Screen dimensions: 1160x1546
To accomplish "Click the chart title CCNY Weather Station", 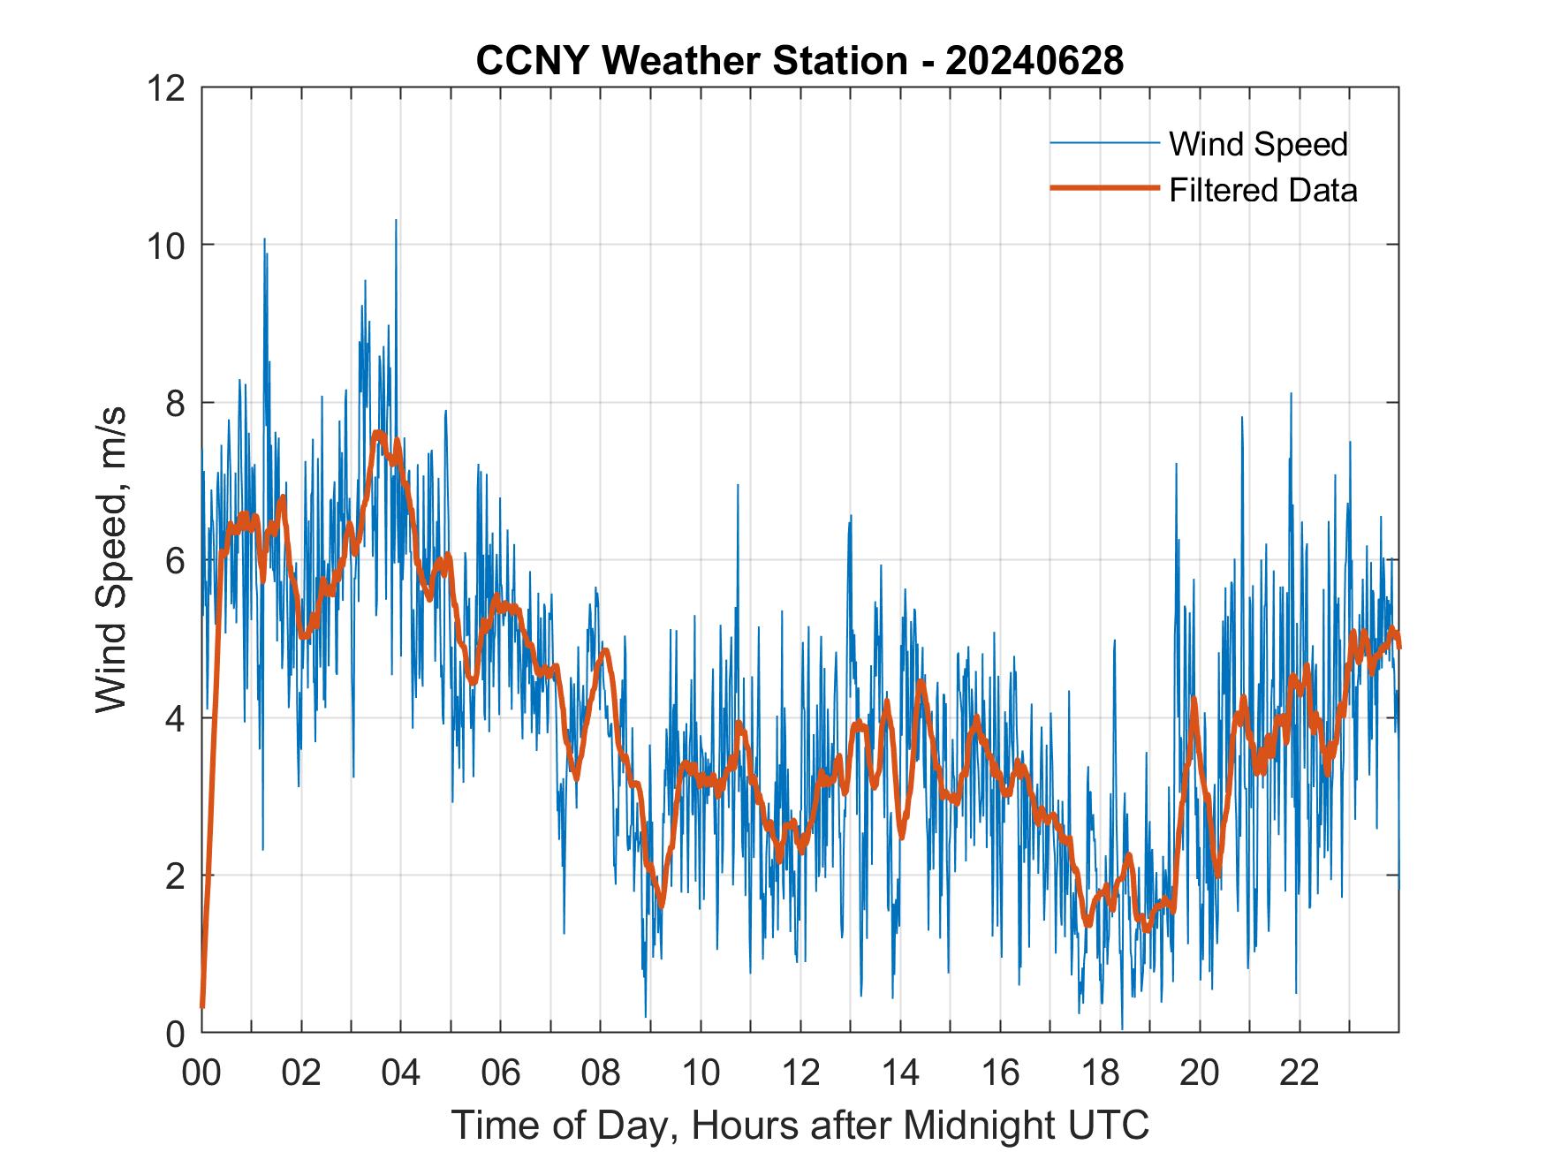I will click(x=691, y=61).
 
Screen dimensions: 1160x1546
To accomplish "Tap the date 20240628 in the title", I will click(x=1034, y=61).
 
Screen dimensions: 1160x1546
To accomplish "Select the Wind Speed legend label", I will click(x=1258, y=144).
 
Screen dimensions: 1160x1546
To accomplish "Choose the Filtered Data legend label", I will click(x=1262, y=190).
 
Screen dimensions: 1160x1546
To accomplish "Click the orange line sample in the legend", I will click(x=1103, y=188).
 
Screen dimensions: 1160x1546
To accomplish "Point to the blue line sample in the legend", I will click(x=1103, y=142).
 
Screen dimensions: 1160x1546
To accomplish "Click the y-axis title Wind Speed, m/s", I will click(x=112, y=559).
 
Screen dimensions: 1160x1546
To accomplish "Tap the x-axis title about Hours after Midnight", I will click(x=800, y=1126).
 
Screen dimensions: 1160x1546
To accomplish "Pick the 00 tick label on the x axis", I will click(x=201, y=1073).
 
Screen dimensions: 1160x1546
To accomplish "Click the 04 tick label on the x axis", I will click(x=401, y=1073).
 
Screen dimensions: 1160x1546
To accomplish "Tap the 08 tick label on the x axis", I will click(x=601, y=1073).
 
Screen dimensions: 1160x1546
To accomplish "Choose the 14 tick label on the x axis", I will click(x=900, y=1073).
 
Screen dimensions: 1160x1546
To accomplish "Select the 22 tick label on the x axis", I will click(x=1300, y=1073).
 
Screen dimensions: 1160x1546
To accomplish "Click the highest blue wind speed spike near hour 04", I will click(x=396, y=221).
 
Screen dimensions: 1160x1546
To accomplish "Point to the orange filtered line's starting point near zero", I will click(x=202, y=1005).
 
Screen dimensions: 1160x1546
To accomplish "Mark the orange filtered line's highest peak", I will click(x=378, y=433).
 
